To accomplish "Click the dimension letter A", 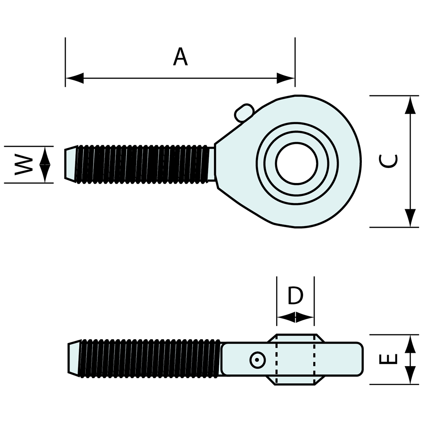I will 180,57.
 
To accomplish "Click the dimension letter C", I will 388,161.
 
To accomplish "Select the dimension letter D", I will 295,295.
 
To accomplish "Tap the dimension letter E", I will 388,359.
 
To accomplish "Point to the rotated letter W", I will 23,165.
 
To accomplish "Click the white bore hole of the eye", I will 296,163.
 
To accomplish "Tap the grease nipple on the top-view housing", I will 244,113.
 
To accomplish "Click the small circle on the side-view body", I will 257,360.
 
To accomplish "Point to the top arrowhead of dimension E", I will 410,343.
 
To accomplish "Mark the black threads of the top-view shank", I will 142,164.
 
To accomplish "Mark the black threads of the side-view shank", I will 150,358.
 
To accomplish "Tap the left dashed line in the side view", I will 277,360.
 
